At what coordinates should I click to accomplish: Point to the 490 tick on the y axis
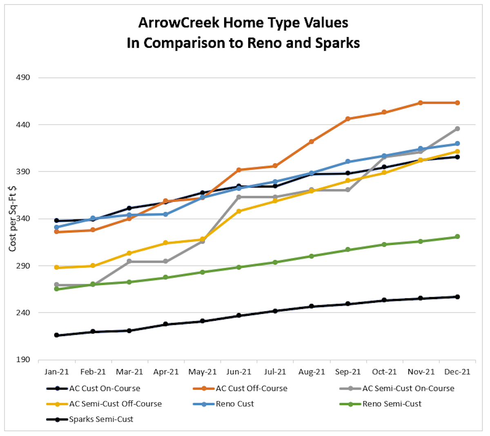click(x=23, y=77)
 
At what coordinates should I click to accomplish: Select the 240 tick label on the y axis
click(x=23, y=313)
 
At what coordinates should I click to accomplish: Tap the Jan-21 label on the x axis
click(x=57, y=372)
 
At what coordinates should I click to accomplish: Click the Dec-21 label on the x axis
click(x=457, y=372)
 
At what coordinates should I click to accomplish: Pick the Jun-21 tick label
click(x=239, y=372)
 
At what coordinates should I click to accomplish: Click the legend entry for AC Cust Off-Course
click(x=252, y=389)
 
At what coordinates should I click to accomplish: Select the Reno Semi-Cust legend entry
click(x=392, y=404)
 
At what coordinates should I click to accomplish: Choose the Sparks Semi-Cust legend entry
click(x=101, y=419)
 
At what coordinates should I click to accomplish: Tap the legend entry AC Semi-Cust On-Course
click(x=408, y=389)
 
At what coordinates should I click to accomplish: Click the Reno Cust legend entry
click(x=235, y=404)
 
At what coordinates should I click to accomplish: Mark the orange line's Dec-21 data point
click(x=457, y=103)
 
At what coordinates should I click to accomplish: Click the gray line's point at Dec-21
click(x=457, y=129)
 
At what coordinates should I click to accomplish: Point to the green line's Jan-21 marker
click(x=57, y=289)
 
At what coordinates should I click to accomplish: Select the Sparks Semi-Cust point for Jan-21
click(x=57, y=335)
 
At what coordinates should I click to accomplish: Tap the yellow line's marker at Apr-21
click(x=166, y=243)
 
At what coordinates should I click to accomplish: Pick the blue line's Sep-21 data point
click(x=348, y=162)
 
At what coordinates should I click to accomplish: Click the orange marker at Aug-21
click(x=312, y=142)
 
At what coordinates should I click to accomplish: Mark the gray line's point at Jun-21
click(x=239, y=197)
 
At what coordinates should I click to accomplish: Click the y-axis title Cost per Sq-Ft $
click(x=13, y=219)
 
